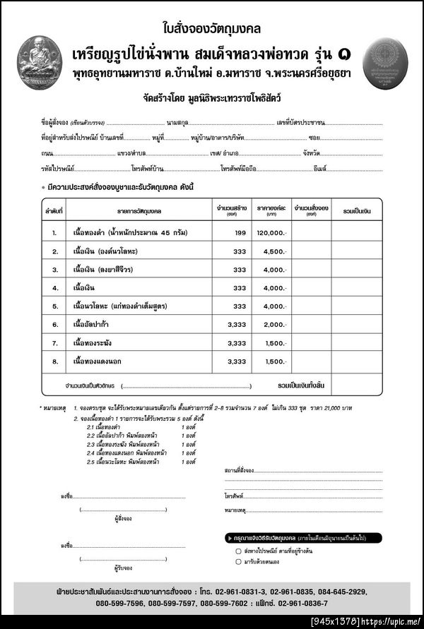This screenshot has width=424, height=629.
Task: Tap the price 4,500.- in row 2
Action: click(274, 251)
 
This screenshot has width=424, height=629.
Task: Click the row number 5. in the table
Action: click(54, 306)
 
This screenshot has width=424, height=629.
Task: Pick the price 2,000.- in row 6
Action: click(274, 324)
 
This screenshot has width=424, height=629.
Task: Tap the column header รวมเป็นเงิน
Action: click(356, 210)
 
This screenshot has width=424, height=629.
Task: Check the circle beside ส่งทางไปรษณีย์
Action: click(238, 549)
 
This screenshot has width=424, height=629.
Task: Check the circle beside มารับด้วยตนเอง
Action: click(238, 562)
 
